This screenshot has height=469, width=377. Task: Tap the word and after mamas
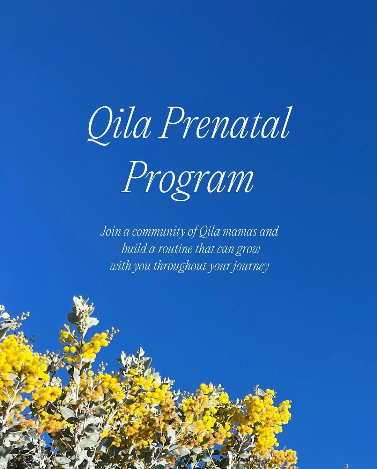(x=269, y=231)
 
